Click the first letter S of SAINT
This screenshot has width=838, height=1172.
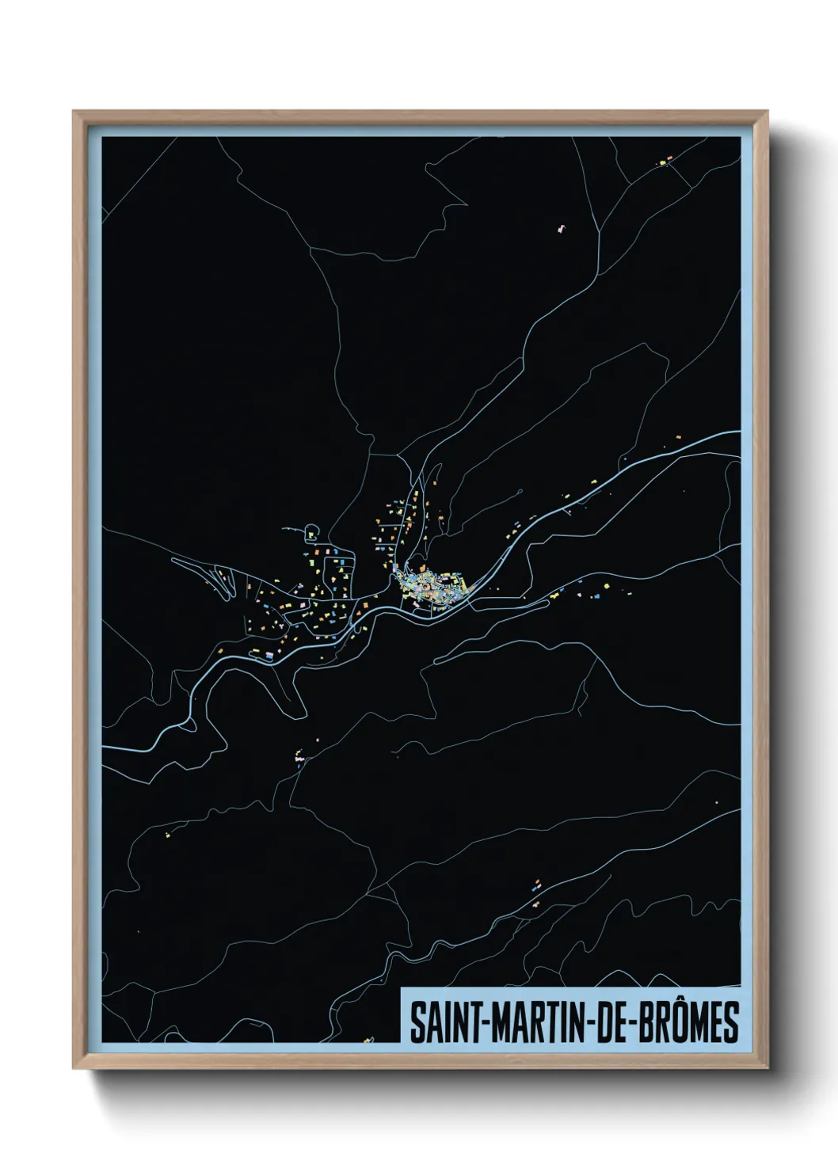[417, 1022]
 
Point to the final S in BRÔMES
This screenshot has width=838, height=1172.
[731, 1022]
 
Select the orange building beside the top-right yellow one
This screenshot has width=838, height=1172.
[668, 161]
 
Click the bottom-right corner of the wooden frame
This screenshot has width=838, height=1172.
[768, 1068]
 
